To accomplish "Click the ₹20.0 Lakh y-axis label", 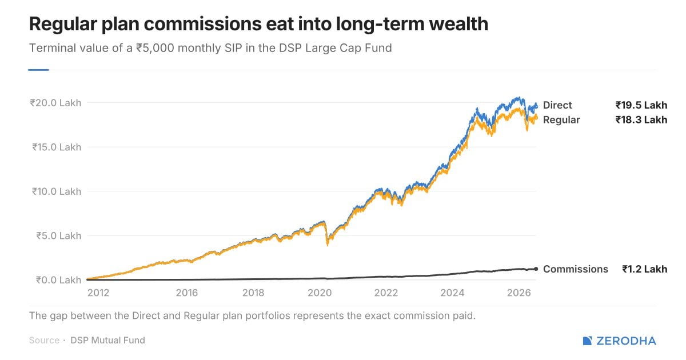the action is tap(56, 103).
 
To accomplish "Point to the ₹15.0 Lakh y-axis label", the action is tap(57, 147).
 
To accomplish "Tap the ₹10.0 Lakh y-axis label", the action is tap(57, 191).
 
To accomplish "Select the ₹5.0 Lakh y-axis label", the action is tap(59, 235).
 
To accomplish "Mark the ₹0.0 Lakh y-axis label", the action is tap(59, 280).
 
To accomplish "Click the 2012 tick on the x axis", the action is tap(98, 293).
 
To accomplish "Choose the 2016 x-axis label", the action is tap(187, 293).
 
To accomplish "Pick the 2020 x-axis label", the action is tap(320, 293).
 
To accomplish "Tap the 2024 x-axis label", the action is tap(452, 293).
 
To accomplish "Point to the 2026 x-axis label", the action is tap(519, 293).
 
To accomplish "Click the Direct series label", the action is tap(557, 105).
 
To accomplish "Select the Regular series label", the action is tap(561, 120).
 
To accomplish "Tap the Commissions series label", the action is tap(576, 269).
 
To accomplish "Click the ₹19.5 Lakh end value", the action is tap(641, 105).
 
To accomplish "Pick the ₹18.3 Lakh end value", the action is tap(641, 119).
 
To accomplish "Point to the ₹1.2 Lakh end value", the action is tap(645, 269).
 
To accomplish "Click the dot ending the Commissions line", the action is tap(536, 269).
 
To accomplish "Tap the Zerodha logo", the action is tap(619, 341).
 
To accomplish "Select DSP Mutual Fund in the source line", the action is tap(108, 341).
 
